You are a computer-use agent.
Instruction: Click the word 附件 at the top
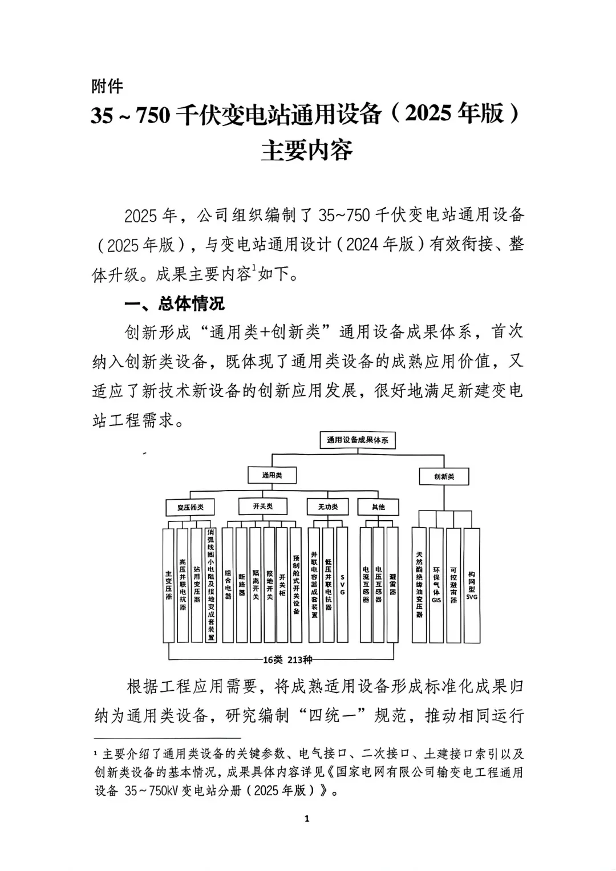tap(107, 86)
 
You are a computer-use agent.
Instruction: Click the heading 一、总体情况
tap(175, 303)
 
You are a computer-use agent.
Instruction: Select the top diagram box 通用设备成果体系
tap(358, 440)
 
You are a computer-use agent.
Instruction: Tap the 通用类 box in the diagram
tap(271, 475)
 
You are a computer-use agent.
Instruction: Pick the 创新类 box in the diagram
tap(444, 476)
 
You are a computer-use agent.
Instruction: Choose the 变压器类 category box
tap(191, 507)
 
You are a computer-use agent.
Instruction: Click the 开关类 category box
tap(262, 506)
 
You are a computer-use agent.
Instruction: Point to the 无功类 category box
tap(327, 507)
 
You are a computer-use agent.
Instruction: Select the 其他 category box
tap(378, 507)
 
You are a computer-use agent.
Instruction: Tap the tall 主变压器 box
tap(168, 585)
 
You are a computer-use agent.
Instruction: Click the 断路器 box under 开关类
tap(241, 585)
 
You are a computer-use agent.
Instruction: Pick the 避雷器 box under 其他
tap(392, 585)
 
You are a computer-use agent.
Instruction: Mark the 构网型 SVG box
tap(472, 585)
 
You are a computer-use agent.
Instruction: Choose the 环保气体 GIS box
tap(436, 585)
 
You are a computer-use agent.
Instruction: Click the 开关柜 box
tap(282, 585)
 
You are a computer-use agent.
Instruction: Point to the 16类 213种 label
tap(287, 660)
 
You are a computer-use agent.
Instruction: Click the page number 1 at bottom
tap(307, 819)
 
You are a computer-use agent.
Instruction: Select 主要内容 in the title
tap(307, 149)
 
